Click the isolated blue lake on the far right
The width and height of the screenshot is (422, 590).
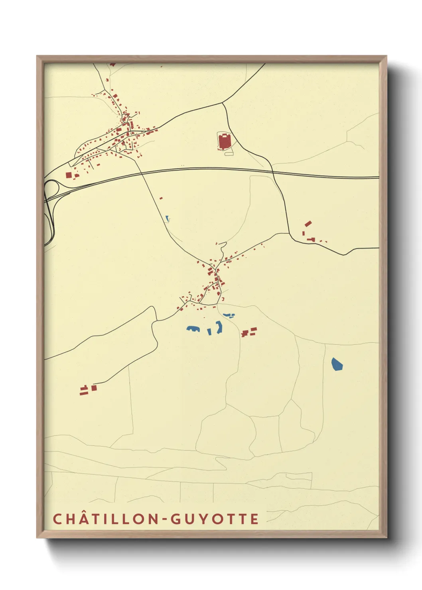[337, 364]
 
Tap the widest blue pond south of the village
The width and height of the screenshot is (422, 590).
[193, 329]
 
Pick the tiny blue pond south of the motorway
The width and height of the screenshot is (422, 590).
[168, 218]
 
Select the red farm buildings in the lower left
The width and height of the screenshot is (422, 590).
[88, 389]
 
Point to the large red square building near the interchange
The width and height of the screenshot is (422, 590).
[69, 175]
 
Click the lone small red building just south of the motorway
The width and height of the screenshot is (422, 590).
[161, 198]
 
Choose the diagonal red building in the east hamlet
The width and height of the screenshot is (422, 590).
[308, 224]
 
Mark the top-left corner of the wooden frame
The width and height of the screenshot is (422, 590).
[37, 56]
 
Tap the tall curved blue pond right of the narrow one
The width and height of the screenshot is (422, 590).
[219, 327]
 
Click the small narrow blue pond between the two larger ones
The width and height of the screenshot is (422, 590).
[209, 331]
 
